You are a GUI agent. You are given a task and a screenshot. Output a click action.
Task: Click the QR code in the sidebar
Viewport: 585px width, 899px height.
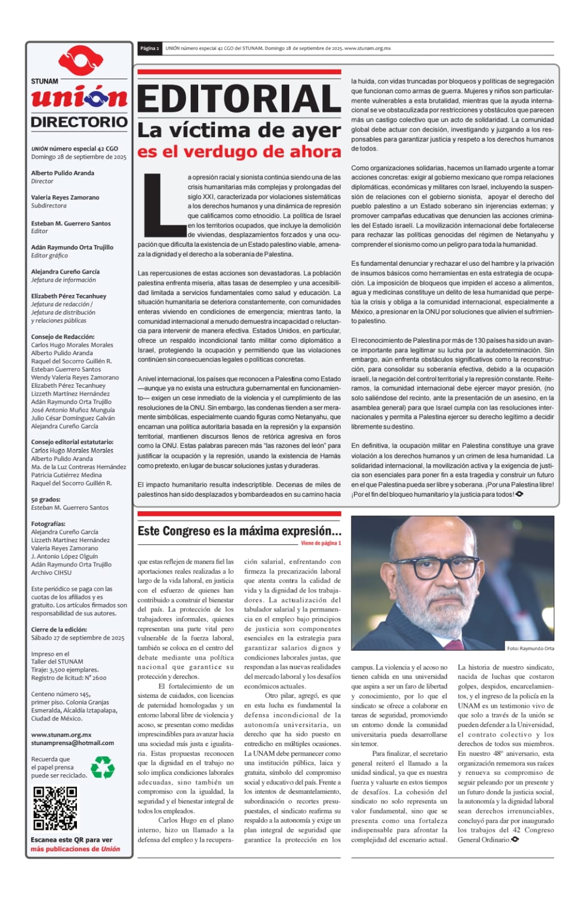pyautogui.click(x=55, y=808)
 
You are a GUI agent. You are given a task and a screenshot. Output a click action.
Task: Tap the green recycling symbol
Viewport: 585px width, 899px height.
pyautogui.click(x=103, y=767)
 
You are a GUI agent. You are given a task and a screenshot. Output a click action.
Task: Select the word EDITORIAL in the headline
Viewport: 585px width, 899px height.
pyautogui.click(x=239, y=99)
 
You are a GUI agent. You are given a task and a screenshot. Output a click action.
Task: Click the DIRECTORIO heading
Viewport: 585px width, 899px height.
pyautogui.click(x=79, y=122)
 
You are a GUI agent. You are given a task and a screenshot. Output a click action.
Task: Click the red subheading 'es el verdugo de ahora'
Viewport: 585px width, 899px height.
pyautogui.click(x=239, y=152)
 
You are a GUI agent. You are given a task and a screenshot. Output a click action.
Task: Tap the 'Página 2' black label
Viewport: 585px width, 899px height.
pyautogui.click(x=149, y=48)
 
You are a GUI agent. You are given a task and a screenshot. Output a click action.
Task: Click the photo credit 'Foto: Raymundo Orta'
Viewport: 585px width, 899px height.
pyautogui.click(x=530, y=648)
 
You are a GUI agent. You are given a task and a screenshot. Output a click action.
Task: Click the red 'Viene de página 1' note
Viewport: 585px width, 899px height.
pyautogui.click(x=321, y=543)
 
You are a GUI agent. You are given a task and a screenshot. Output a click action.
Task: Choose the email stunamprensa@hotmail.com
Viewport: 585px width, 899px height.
pyautogui.click(x=72, y=743)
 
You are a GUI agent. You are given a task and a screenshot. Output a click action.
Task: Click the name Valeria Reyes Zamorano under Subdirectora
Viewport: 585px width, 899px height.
pyautogui.click(x=65, y=197)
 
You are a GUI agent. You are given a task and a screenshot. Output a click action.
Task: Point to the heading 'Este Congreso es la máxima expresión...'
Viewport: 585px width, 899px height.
pyautogui.click(x=239, y=531)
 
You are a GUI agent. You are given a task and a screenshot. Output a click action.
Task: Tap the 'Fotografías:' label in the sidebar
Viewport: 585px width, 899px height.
pyautogui.click(x=48, y=524)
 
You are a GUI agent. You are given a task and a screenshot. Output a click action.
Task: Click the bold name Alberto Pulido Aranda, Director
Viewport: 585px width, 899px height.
pyautogui.click(x=63, y=173)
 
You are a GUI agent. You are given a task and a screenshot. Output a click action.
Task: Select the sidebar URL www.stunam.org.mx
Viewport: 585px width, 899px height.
pyautogui.click(x=61, y=734)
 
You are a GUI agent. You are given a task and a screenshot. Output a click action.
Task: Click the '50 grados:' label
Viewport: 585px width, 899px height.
pyautogui.click(x=45, y=499)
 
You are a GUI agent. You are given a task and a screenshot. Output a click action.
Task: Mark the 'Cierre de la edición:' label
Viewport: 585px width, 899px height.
pyautogui.click(x=59, y=629)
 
